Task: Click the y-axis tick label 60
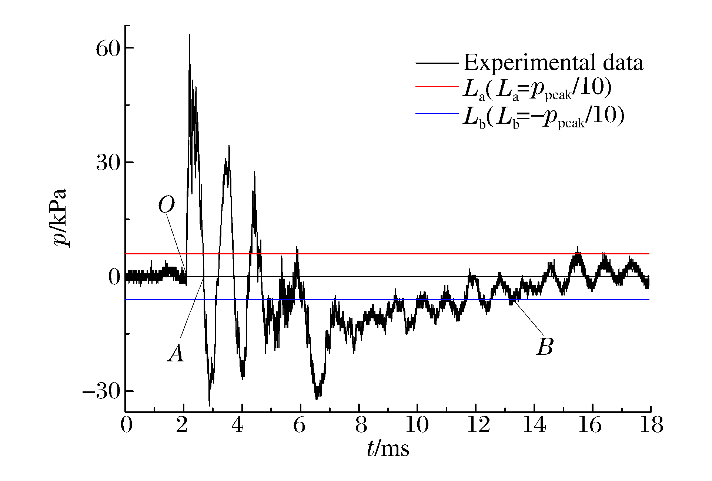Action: pyautogui.click(x=108, y=49)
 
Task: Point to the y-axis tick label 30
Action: pyautogui.click(x=108, y=163)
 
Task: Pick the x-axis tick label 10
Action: pyautogui.click(x=417, y=425)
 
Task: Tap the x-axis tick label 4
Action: pyautogui.click(x=237, y=425)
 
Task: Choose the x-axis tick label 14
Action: pyautogui.click(x=534, y=425)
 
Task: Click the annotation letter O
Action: pyautogui.click(x=166, y=205)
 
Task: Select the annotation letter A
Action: pyautogui.click(x=176, y=353)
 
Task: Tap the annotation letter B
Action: pyautogui.click(x=545, y=347)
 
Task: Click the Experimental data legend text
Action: pyautogui.click(x=553, y=63)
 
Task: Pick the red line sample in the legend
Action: pyautogui.click(x=437, y=86)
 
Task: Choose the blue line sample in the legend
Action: pyautogui.click(x=437, y=113)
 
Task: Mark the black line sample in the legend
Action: pyautogui.click(x=437, y=63)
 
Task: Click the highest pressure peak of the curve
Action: pyautogui.click(x=189, y=36)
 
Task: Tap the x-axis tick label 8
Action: pyautogui.click(x=361, y=425)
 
